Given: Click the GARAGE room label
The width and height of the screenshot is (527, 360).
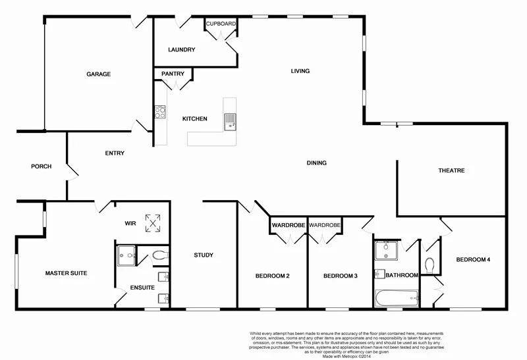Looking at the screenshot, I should tap(98, 74).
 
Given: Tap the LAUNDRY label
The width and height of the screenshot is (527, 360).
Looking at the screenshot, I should tap(181, 50).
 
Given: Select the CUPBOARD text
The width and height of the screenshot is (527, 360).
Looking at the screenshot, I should tap(221, 24).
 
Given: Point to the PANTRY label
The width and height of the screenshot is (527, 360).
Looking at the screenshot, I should tap(173, 74).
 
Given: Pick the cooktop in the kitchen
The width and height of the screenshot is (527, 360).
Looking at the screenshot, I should tap(159, 112).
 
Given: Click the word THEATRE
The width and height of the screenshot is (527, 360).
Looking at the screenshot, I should tap(451, 170).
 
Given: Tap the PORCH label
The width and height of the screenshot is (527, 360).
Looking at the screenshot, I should tap(41, 167).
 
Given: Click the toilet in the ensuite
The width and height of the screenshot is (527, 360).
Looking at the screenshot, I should tap(159, 255).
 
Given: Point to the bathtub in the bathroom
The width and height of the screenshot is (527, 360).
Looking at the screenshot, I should tap(395, 298).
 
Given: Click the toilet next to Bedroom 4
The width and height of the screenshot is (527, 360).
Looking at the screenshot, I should tap(430, 265).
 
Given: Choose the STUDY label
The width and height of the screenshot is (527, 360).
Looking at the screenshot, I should tap(204, 255).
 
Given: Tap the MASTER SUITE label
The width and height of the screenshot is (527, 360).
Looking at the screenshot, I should tap(66, 272).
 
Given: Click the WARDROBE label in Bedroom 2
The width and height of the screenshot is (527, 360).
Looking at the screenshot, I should tap(289, 226).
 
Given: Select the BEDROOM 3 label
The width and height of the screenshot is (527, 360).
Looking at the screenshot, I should tap(340, 276).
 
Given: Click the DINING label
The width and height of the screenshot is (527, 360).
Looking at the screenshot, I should tap(316, 163).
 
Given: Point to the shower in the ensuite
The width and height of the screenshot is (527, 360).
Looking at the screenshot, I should tap(126, 255).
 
